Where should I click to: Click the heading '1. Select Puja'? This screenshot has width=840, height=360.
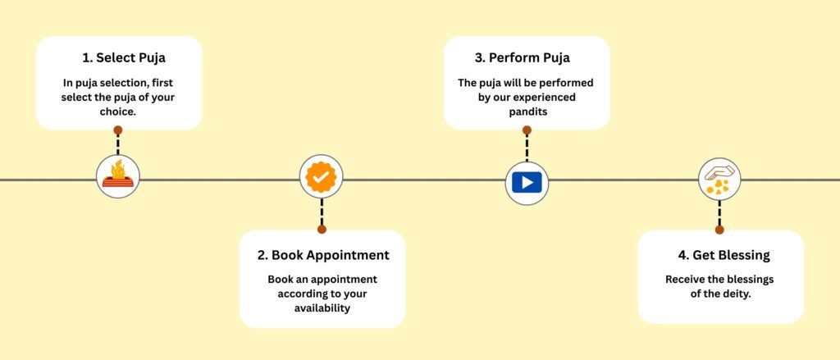pyautogui.click(x=124, y=58)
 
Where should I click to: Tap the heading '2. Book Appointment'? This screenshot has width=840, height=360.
pyautogui.click(x=323, y=255)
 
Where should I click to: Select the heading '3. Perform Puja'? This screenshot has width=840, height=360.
pyautogui.click(x=523, y=58)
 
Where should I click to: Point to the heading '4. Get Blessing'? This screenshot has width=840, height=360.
pyautogui.click(x=724, y=256)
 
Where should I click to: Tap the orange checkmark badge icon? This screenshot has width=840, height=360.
pyautogui.click(x=321, y=177)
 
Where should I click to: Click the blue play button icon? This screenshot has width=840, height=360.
pyautogui.click(x=527, y=183)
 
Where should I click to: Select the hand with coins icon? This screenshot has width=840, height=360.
pyautogui.click(x=719, y=180)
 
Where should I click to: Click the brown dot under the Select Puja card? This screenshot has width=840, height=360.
pyautogui.click(x=118, y=130)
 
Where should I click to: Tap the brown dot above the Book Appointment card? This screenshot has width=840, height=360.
pyautogui.click(x=322, y=230)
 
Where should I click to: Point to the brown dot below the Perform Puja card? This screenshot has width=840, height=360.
pyautogui.click(x=527, y=130)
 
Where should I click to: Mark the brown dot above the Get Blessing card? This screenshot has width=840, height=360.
pyautogui.click(x=719, y=230)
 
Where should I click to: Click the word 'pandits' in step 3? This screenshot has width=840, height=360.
pyautogui.click(x=527, y=112)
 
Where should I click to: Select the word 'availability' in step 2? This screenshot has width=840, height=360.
pyautogui.click(x=322, y=308)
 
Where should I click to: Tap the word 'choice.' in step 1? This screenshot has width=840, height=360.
pyautogui.click(x=118, y=112)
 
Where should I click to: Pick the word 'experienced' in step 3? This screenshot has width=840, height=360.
pyautogui.click(x=545, y=98)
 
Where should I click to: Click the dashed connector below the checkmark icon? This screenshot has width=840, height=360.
pyautogui.click(x=322, y=212)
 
